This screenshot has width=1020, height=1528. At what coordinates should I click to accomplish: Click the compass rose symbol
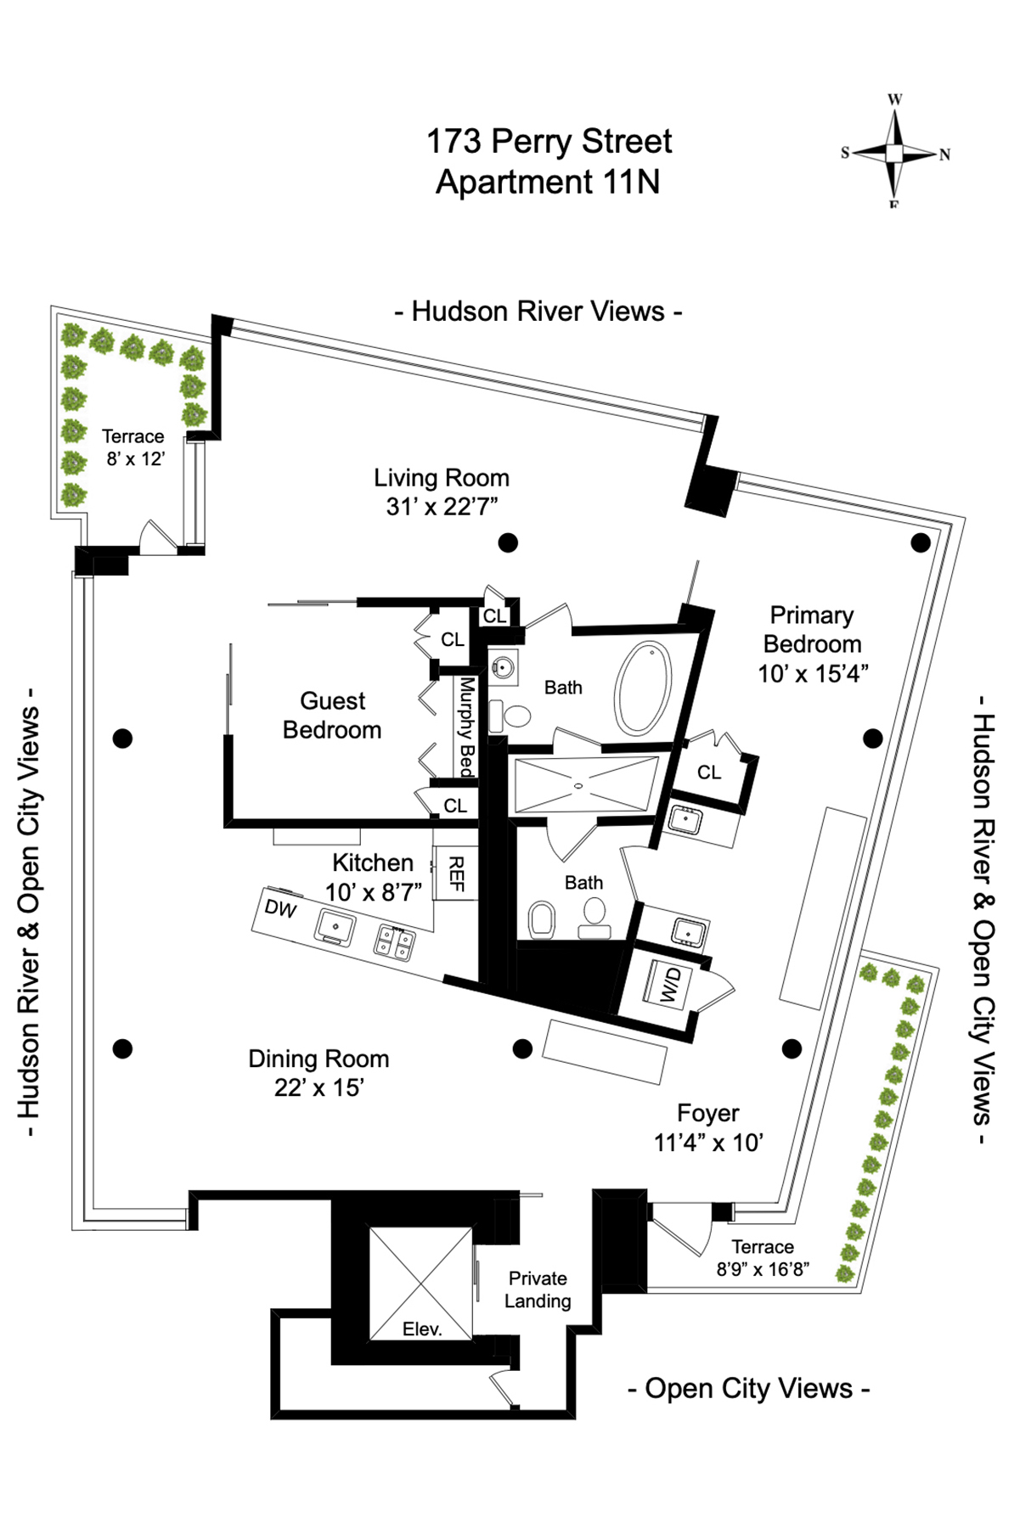(894, 153)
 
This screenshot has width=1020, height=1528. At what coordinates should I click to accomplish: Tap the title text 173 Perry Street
(549, 142)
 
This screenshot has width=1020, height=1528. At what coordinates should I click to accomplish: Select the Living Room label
(442, 478)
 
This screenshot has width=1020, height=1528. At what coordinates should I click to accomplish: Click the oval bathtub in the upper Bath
(643, 688)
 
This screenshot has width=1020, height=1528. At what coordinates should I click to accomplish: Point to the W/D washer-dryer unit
(670, 985)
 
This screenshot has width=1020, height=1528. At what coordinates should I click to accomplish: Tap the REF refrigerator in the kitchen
(455, 874)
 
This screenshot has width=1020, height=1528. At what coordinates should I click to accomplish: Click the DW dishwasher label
(280, 909)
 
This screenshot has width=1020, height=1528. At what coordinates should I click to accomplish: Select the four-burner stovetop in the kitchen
(396, 941)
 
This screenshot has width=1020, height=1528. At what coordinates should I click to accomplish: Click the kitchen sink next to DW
(335, 927)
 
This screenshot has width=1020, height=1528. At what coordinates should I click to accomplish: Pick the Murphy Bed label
(466, 727)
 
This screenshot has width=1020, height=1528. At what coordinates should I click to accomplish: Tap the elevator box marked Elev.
(420, 1284)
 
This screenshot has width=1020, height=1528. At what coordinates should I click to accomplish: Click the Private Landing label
(538, 1289)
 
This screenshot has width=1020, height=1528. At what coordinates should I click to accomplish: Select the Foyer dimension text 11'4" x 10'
(708, 1143)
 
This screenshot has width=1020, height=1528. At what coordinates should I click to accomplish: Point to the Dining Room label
(318, 1059)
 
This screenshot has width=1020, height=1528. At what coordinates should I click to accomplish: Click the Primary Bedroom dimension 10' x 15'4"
(813, 673)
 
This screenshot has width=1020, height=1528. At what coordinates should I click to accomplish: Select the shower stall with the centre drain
(585, 784)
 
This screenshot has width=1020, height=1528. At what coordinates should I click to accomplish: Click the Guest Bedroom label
(332, 715)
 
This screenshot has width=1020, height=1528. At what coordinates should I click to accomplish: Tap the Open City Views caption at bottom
(748, 1389)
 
